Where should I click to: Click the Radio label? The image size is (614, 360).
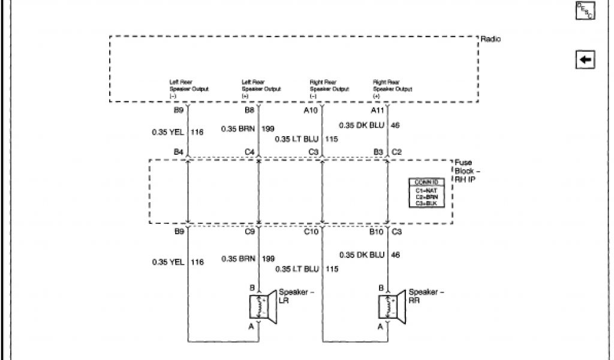tap(490, 40)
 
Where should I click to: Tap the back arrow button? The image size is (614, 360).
tap(585, 59)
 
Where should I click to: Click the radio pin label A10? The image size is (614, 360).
tap(311, 110)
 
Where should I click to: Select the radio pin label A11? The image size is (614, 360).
tap(378, 110)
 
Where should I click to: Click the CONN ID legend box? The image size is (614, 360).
tap(426, 193)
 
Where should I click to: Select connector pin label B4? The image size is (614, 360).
tap(178, 152)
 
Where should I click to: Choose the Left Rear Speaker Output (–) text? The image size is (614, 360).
tap(188, 89)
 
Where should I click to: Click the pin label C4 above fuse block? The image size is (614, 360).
tap(249, 152)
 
